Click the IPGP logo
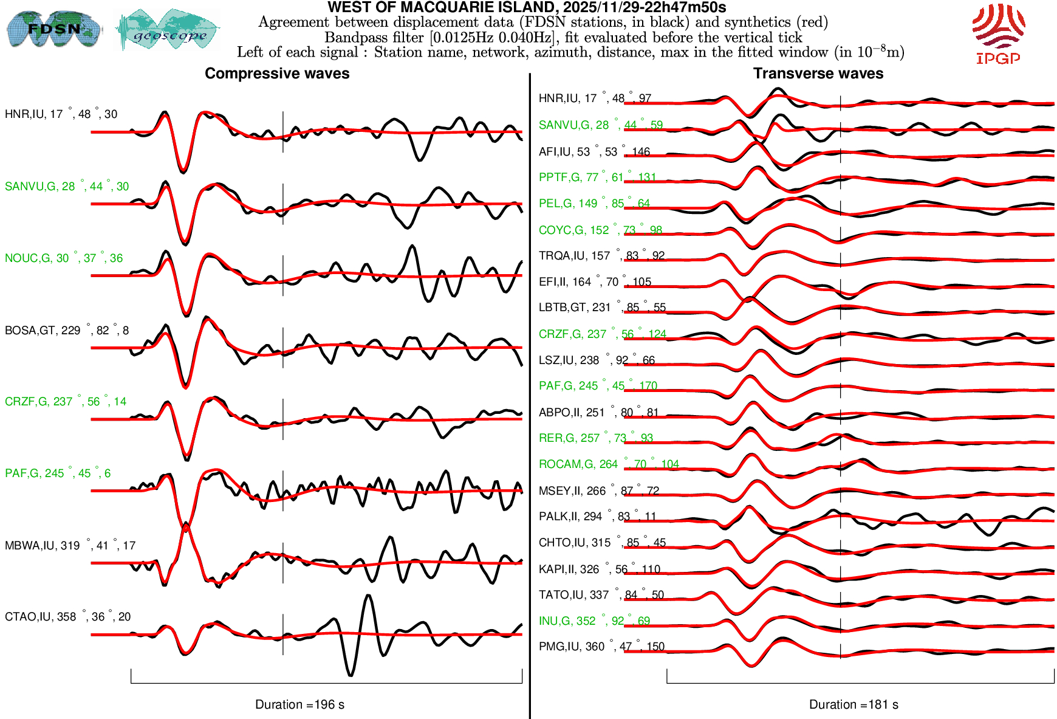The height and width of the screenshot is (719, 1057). (x=998, y=33)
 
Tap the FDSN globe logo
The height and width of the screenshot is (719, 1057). (x=53, y=29)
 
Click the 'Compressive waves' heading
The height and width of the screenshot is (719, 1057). (x=277, y=74)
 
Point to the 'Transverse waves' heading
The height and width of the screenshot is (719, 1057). (x=818, y=74)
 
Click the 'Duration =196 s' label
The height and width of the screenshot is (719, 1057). (x=299, y=704)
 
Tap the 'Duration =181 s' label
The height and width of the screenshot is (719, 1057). (x=853, y=704)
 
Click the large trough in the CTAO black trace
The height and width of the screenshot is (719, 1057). (x=351, y=673)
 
